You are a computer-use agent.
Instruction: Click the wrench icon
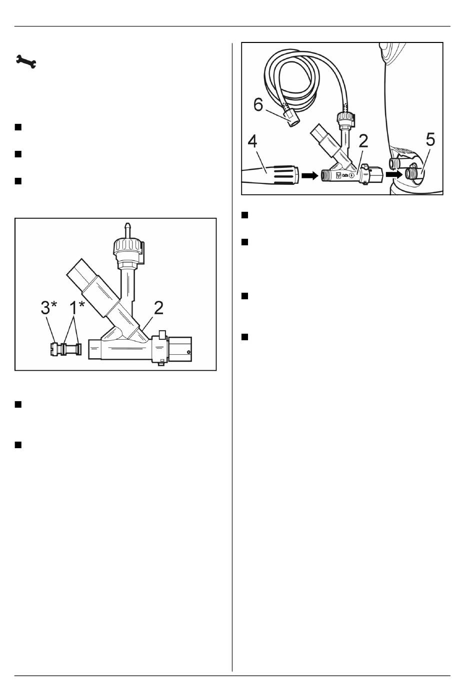pyautogui.click(x=26, y=61)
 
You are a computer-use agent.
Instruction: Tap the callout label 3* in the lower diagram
pyautogui.click(x=48, y=308)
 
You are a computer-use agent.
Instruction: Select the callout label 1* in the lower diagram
pyautogui.click(x=77, y=308)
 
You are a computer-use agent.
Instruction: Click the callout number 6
pyautogui.click(x=258, y=104)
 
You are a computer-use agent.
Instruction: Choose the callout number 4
pyautogui.click(x=252, y=141)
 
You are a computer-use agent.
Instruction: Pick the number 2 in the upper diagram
pyautogui.click(x=363, y=141)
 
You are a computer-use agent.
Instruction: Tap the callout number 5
pyautogui.click(x=430, y=139)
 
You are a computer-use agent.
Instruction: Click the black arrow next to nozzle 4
pyautogui.click(x=309, y=175)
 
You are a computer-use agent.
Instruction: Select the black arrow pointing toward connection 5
pyautogui.click(x=394, y=174)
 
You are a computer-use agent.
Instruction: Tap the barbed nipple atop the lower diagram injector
pyautogui.click(x=126, y=229)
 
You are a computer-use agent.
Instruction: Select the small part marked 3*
pyautogui.click(x=55, y=348)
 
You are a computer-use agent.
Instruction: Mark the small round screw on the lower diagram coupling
pyautogui.click(x=188, y=352)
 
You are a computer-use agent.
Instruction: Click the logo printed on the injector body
pyautogui.click(x=338, y=175)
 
